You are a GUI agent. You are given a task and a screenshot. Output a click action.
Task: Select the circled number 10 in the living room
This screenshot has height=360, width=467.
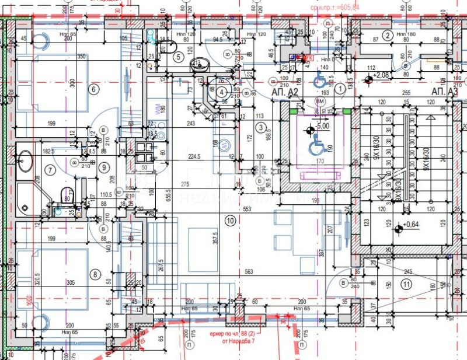pos(230,221)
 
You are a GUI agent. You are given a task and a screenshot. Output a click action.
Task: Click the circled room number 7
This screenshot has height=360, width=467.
pos(50,170)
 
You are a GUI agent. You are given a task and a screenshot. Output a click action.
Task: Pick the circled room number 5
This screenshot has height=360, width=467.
pos(179,57)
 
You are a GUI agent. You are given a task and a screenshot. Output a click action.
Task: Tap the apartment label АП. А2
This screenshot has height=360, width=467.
pos(285,92)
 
